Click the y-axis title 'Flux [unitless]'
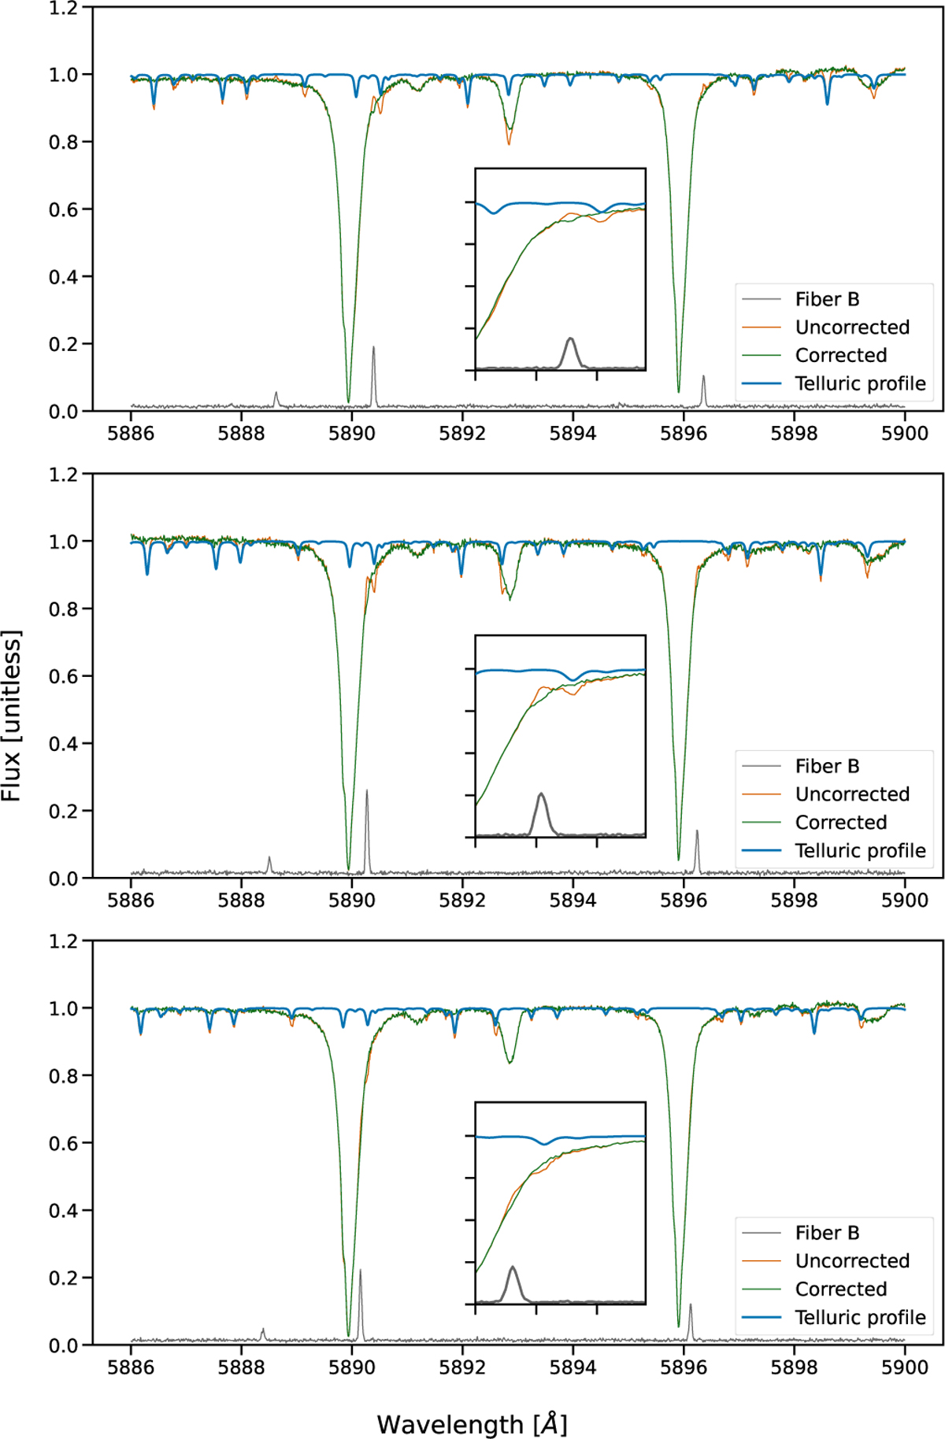tap(12, 716)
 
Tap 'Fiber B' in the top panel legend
tap(827, 299)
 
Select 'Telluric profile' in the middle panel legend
tap(860, 850)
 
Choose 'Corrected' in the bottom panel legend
tap(840, 1289)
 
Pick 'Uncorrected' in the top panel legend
tap(852, 327)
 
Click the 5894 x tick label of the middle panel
tap(573, 900)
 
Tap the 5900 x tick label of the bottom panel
tap(904, 1367)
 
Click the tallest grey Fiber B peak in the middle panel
tap(367, 792)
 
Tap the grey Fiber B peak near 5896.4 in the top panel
tap(703, 377)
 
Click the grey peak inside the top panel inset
tap(570, 340)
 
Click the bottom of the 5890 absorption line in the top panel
tap(349, 401)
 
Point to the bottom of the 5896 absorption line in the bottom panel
tap(679, 1326)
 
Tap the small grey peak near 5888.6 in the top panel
tap(276, 393)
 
